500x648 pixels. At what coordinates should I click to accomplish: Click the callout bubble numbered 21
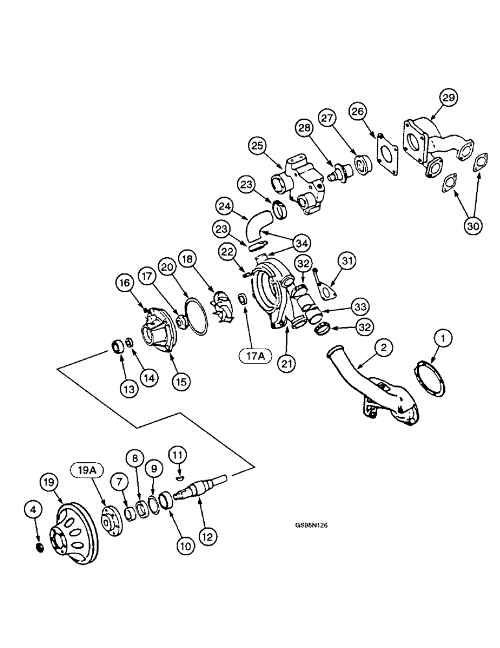pos(286,363)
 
